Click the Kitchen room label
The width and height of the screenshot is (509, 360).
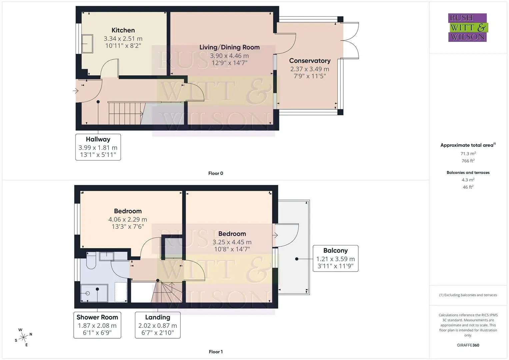[x=123, y=30]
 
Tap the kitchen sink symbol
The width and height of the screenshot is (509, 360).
[x=87, y=44]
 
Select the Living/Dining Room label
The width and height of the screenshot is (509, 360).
[x=230, y=47]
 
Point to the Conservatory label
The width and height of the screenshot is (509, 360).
[x=310, y=61]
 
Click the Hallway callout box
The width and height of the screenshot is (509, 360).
[x=98, y=147]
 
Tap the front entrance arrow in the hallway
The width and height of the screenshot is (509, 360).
[x=76, y=91]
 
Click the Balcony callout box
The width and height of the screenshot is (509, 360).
[x=335, y=258]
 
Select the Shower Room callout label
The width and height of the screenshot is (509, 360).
[x=97, y=317]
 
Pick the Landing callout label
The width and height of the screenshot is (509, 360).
[x=158, y=317]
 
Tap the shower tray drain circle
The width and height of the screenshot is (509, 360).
[x=88, y=293]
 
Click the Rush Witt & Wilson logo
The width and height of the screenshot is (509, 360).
[x=468, y=27]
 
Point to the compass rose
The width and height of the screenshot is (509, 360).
[x=23, y=337]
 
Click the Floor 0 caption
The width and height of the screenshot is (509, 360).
[x=216, y=173]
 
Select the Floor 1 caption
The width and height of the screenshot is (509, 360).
[x=216, y=352]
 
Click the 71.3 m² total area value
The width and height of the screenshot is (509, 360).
[x=468, y=154]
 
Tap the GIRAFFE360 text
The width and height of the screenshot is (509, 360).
[x=468, y=345]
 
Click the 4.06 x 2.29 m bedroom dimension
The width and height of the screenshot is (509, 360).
[x=128, y=219]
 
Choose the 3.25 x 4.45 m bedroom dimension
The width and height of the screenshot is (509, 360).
[x=232, y=242]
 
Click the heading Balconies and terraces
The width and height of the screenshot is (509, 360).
[x=468, y=173]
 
